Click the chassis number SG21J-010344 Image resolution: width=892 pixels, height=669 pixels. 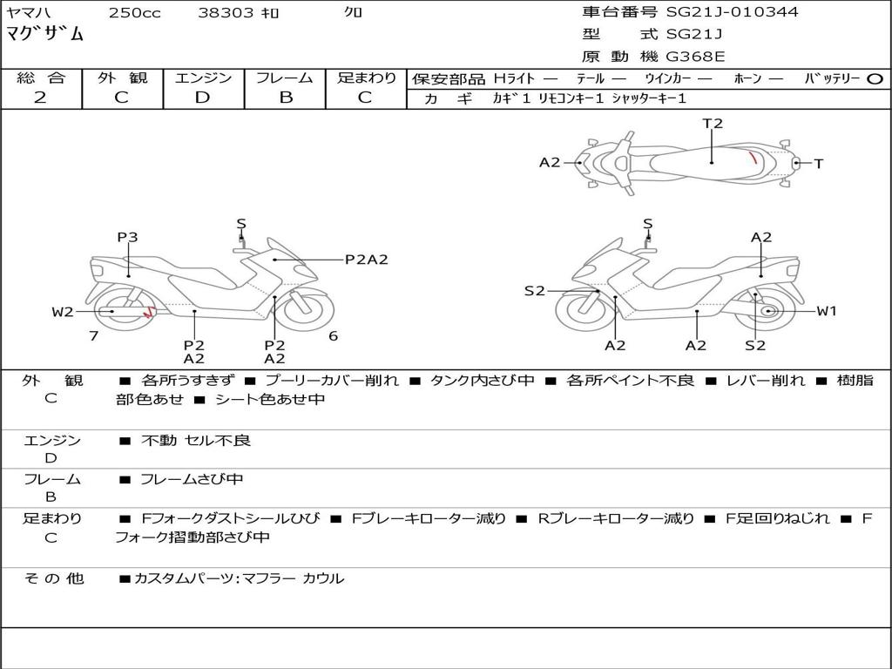point(732,11)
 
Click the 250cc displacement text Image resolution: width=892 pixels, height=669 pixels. point(135,12)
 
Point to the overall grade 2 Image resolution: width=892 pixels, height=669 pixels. point(40,98)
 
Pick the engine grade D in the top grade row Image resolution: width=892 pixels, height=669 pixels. point(202,98)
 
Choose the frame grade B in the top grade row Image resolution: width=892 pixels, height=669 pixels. point(286,98)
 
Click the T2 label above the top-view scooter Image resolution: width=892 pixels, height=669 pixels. point(713,123)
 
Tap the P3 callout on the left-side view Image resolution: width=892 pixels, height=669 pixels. point(127,237)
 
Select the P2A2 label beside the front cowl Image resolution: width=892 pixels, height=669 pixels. point(367,260)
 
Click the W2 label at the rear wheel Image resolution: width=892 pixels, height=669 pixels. point(63,312)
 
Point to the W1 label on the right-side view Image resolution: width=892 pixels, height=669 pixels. point(827,311)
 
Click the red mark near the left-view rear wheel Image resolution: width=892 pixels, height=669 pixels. point(148,312)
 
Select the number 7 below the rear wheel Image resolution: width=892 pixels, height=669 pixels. point(94,336)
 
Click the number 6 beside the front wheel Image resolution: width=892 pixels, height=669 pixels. point(334,336)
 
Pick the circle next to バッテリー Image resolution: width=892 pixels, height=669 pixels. point(875,79)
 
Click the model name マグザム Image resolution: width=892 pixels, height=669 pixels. point(45,34)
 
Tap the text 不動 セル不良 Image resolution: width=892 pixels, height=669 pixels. point(196,440)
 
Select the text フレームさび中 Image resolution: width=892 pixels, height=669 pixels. point(192,479)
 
